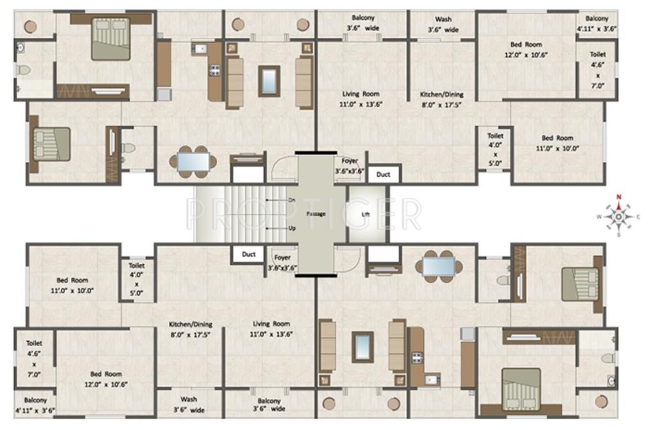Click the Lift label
pos(366,214)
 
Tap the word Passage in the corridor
pos(316,214)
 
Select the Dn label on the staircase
pos(292,200)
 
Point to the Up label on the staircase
pos(292,228)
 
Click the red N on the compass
pos(619,198)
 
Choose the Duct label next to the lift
pos(383,174)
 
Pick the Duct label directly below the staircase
pos(249,255)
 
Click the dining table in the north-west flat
pos(192,162)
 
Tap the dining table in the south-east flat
pos(439,266)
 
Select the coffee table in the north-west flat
pos(269,80)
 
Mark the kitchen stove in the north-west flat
pos(214,69)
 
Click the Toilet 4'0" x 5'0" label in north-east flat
pos(495,150)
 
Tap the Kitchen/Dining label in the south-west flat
pos(190,329)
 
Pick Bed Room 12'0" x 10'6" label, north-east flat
pos(526,49)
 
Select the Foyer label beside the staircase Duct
pos(282,258)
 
